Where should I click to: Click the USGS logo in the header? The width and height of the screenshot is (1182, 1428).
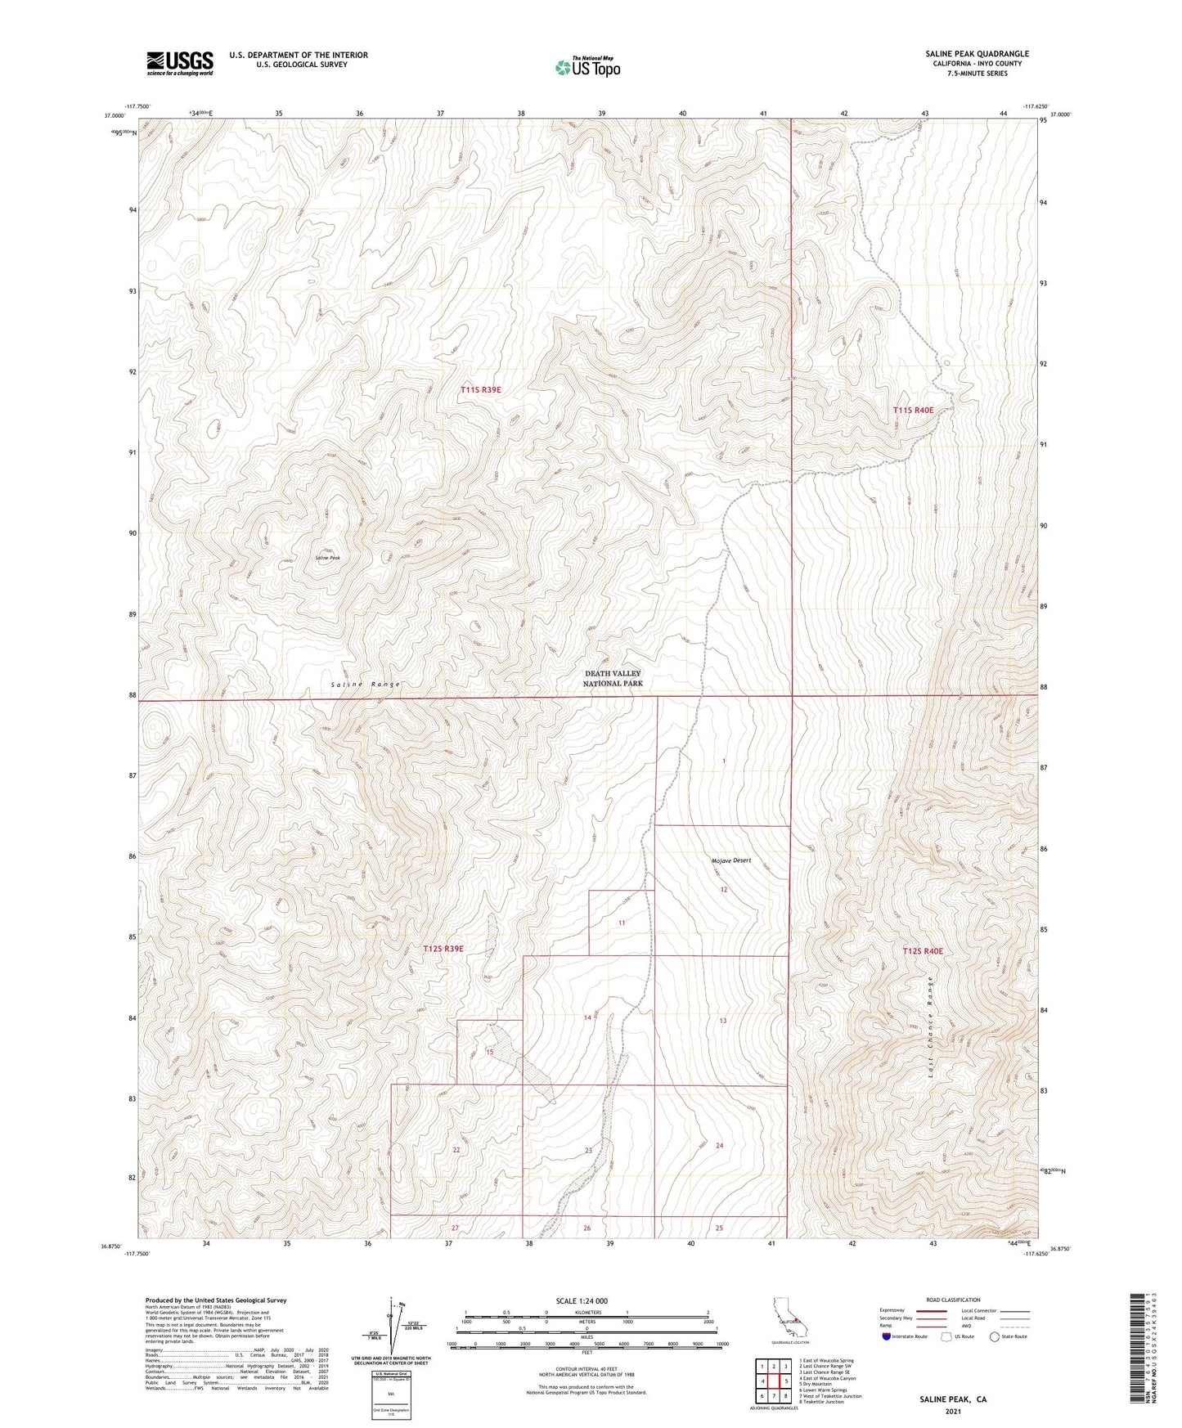[180, 63]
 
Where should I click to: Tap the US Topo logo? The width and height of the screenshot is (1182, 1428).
[588, 67]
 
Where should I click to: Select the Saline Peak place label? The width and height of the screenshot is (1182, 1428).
[327, 558]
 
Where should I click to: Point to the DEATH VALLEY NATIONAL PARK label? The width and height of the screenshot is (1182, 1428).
[613, 678]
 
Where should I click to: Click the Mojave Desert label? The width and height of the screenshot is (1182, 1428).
[730, 860]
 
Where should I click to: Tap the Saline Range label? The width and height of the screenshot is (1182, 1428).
[366, 684]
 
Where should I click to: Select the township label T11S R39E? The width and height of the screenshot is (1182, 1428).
[480, 390]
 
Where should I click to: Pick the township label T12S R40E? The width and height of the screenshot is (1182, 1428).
[923, 951]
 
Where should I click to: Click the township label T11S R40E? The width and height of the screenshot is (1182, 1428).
[913, 410]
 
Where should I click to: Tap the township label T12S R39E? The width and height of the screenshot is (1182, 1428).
[443, 949]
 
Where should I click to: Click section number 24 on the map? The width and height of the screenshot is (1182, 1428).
[719, 1146]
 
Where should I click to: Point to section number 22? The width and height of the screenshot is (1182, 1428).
[456, 1150]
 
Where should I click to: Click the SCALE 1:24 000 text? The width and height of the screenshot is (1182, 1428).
[582, 1300]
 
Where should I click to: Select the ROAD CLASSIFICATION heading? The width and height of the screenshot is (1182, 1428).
[953, 1300]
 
